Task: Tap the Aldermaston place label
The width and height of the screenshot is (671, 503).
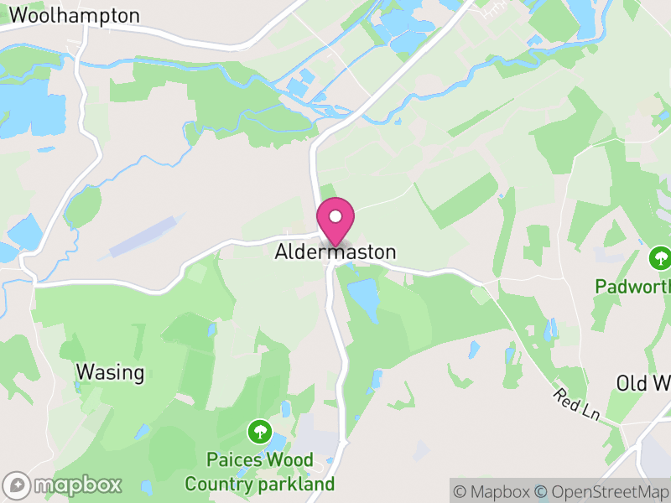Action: click(x=335, y=251)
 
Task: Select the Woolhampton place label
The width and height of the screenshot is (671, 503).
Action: click(x=75, y=15)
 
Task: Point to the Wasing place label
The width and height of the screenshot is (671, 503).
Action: click(x=110, y=371)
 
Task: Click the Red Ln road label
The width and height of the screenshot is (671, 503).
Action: click(x=579, y=406)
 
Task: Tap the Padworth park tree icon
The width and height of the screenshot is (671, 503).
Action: click(x=661, y=257)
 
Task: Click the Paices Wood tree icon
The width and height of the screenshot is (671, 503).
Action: click(x=260, y=433)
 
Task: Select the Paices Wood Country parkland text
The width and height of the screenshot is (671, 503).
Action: click(x=260, y=472)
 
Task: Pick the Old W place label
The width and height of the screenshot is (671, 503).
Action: click(x=643, y=383)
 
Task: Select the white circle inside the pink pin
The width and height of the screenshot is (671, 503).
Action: click(x=335, y=215)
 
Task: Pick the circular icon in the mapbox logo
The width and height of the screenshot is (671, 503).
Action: click(x=17, y=485)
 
